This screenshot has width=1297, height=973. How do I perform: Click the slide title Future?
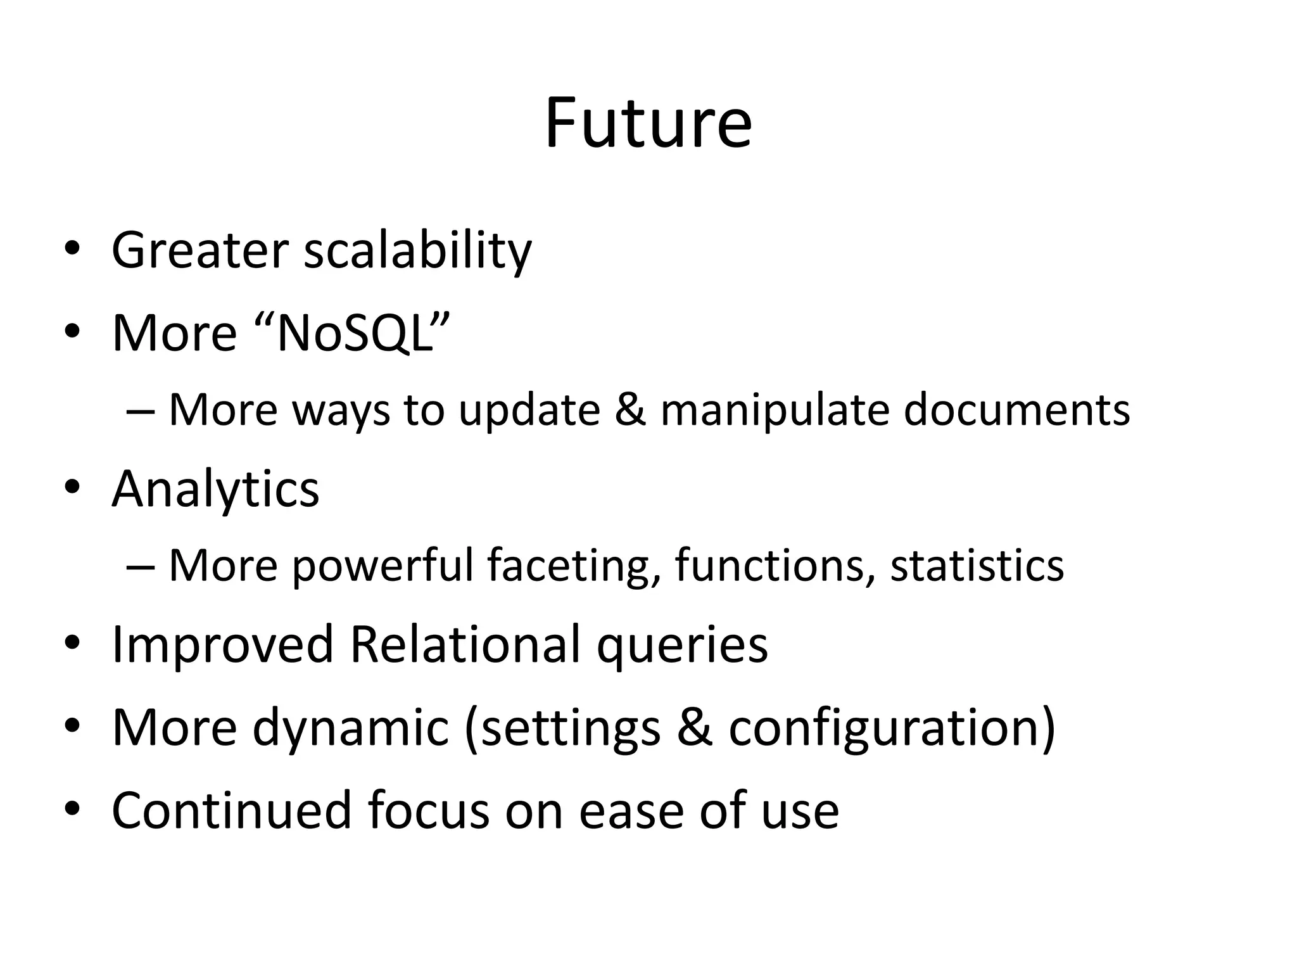point(648,123)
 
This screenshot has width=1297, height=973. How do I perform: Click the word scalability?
point(417,251)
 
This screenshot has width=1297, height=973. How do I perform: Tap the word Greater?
point(200,250)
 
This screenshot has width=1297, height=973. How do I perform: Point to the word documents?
point(1016,409)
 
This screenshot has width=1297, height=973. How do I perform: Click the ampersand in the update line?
point(630,409)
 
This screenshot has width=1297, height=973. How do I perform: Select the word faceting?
point(574,565)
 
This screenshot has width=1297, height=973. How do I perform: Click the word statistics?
point(977,565)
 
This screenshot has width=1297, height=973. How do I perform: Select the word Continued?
point(231,810)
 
